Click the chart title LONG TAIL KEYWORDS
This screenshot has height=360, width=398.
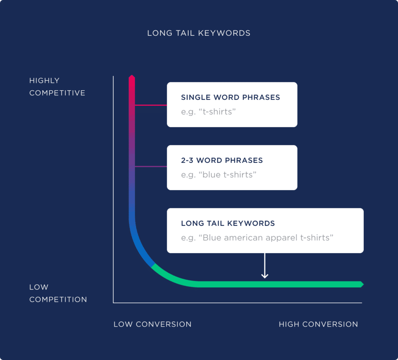coord(199,33)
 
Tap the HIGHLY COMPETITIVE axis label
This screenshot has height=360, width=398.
coord(57,87)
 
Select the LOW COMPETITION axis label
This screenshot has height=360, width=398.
coord(58,293)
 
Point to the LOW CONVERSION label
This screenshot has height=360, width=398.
coord(152,324)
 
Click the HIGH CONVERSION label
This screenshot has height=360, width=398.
coord(318,324)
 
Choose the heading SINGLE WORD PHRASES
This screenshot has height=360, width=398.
coord(230,98)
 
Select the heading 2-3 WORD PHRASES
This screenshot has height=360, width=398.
coord(222,160)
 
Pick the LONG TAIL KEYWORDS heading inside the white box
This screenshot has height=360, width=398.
coord(228,224)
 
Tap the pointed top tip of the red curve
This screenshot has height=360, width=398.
coord(132,76)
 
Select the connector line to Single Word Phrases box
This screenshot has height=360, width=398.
coord(151,105)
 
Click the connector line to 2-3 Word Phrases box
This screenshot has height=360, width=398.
coord(151,167)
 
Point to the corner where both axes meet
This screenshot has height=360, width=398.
coord(113,302)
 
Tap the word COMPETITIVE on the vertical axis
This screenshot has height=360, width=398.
coord(57,93)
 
